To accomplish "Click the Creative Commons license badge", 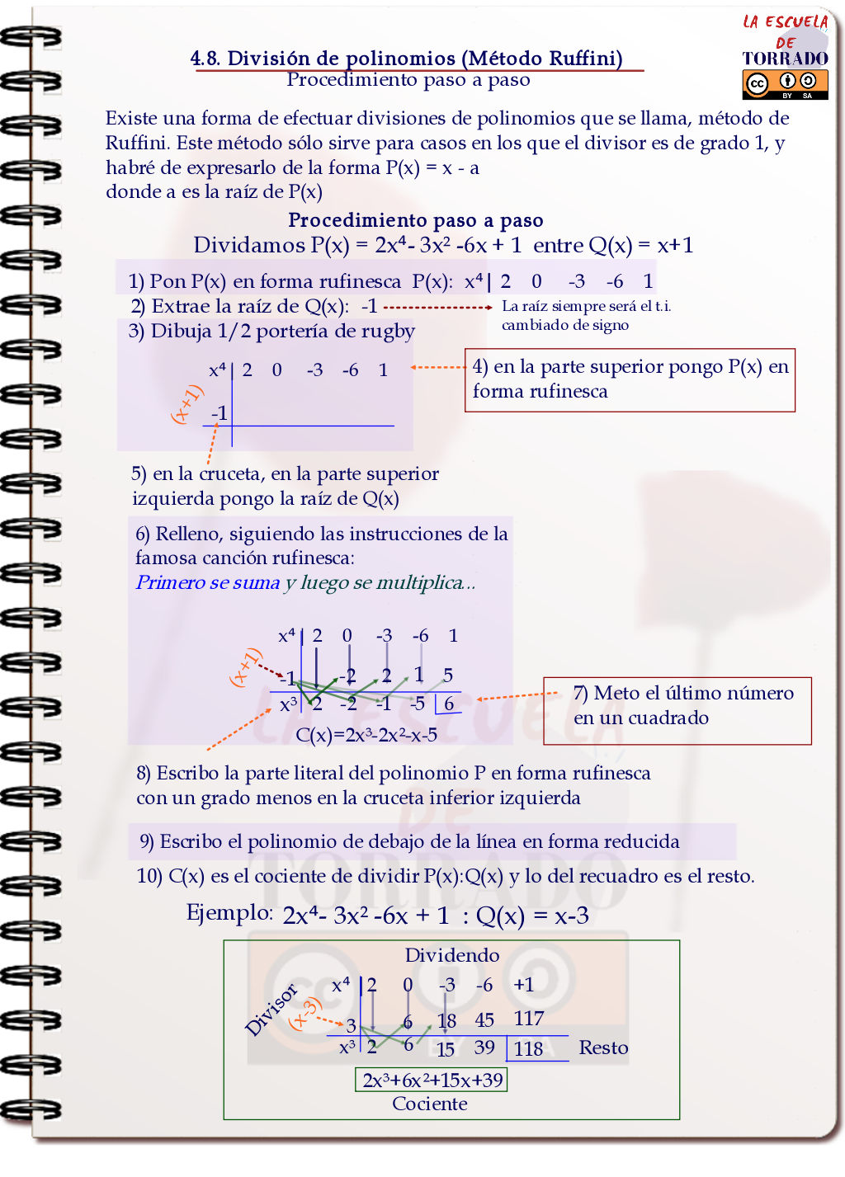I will pyautogui.click(x=785, y=84).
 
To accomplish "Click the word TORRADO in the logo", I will pyautogui.click(x=785, y=59).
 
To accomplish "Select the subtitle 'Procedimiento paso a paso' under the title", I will pyautogui.click(x=408, y=80).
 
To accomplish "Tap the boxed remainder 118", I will pyautogui.click(x=529, y=1048).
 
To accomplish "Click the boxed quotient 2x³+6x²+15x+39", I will pyautogui.click(x=432, y=1080).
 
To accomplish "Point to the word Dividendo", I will pyautogui.click(x=451, y=955).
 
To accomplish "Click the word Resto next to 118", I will pyautogui.click(x=603, y=1048).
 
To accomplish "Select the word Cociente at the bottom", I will pyautogui.click(x=429, y=1104).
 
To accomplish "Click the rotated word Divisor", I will pyautogui.click(x=271, y=1010).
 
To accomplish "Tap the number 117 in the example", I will pyautogui.click(x=528, y=1019).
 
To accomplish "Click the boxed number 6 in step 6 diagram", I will pyautogui.click(x=449, y=704).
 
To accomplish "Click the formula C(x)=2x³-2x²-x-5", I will pyautogui.click(x=366, y=734).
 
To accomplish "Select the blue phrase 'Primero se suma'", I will pyautogui.click(x=208, y=582).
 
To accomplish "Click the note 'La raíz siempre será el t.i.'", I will pyautogui.click(x=586, y=306).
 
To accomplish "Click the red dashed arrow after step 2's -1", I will pyautogui.click(x=438, y=307).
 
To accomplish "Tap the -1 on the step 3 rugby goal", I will pyautogui.click(x=219, y=412).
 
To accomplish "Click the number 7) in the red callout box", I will pyautogui.click(x=580, y=693).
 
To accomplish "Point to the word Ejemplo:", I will pyautogui.click(x=229, y=912).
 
